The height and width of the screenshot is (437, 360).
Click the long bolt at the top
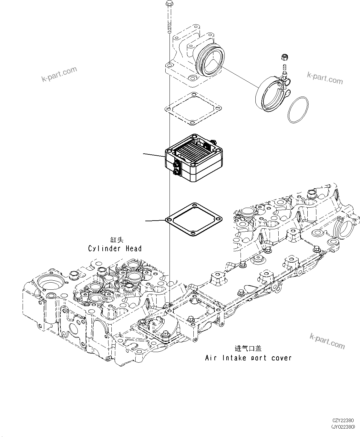coord(169,16)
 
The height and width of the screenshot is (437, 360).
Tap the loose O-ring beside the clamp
coord(297,109)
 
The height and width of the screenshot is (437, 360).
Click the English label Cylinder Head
coord(115,248)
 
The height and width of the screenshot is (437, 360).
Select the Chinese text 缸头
coord(117,240)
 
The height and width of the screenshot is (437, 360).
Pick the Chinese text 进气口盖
coord(248,349)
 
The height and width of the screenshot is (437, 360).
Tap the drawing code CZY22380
coord(343,421)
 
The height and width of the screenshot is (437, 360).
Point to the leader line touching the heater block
coord(154,155)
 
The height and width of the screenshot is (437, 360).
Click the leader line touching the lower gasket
coord(155,220)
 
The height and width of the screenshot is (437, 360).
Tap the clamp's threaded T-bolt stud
coord(284,69)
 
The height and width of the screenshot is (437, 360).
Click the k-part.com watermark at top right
coord(325,78)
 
